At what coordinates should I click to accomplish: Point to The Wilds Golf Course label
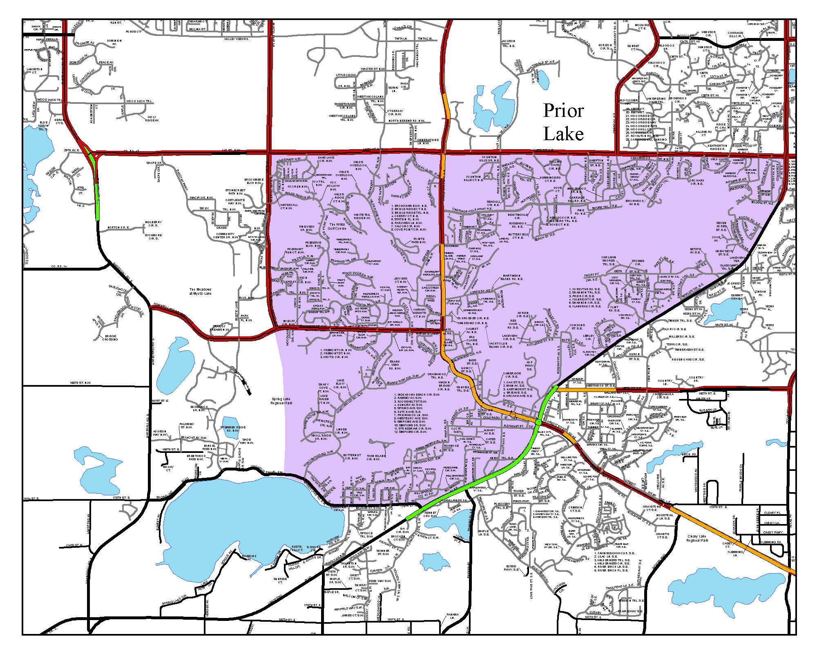coord(338,226)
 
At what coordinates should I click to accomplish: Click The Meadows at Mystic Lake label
coord(200,291)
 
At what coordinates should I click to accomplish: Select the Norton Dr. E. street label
coord(118,227)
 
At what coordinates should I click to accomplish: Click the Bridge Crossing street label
coord(110,338)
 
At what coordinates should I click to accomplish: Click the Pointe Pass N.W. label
coord(419,240)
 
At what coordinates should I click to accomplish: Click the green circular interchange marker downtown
coord(539,421)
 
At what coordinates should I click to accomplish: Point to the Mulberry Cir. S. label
coord(154,224)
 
